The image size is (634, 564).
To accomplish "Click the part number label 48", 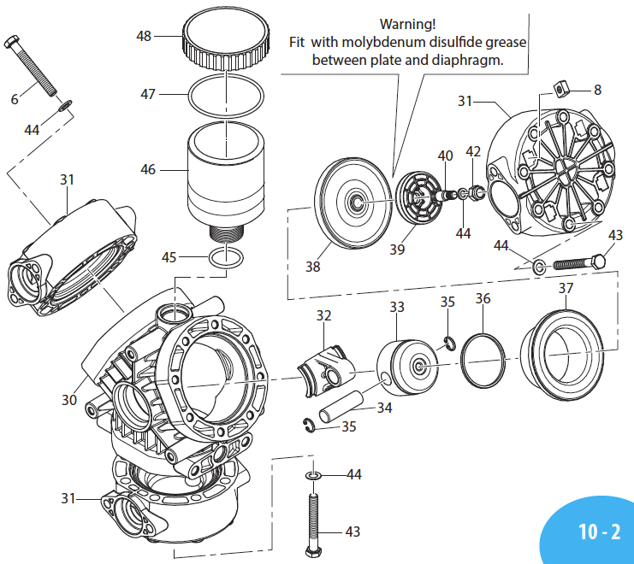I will click(144, 36).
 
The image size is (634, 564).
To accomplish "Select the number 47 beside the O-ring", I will click(148, 94).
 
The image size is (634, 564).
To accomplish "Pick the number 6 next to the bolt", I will click(15, 99).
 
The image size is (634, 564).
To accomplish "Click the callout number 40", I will click(445, 156).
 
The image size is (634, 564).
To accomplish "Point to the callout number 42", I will click(473, 151).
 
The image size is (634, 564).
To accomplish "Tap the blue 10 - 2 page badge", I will click(597, 531).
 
